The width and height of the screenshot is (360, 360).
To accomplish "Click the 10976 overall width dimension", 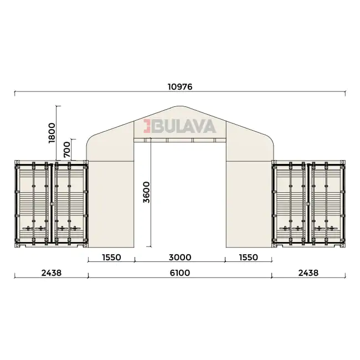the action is (x=180, y=87).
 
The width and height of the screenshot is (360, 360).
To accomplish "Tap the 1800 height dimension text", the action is (x=52, y=133).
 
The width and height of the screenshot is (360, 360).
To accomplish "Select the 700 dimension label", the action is (x=67, y=150).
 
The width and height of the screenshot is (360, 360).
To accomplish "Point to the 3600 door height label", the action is (x=146, y=192).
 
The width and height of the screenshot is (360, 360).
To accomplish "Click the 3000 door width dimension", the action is (x=180, y=258).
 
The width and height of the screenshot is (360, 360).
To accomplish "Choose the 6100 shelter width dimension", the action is (x=180, y=272).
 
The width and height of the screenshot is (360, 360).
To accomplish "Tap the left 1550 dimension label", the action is (x=111, y=258).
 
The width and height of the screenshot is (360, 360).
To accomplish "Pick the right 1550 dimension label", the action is (x=249, y=258).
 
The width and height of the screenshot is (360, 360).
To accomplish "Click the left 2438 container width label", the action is (x=52, y=272).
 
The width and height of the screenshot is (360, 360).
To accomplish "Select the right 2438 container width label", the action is (x=308, y=272).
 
